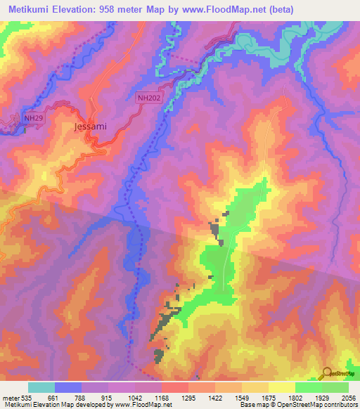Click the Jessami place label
90,127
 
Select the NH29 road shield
32,118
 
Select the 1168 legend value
162,397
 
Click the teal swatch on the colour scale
41,387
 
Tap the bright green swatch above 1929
308,387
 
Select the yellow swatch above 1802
281,387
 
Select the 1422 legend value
215,397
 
